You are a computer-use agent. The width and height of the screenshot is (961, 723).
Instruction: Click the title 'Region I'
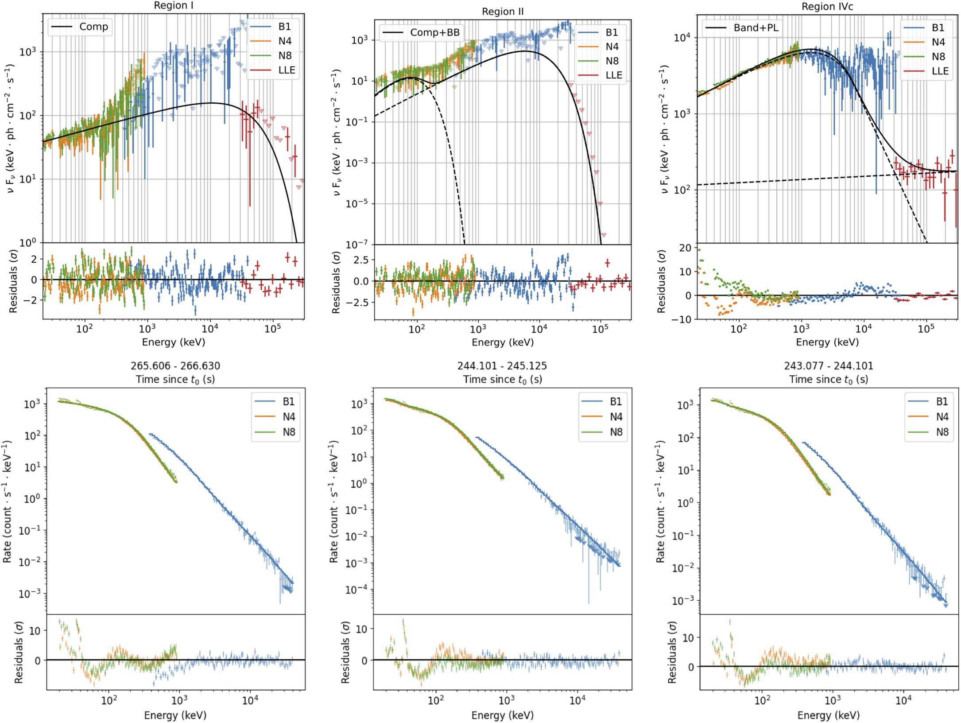(173, 5)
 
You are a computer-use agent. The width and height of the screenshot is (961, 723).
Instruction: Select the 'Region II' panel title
(503, 12)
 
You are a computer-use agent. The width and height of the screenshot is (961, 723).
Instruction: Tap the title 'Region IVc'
(827, 7)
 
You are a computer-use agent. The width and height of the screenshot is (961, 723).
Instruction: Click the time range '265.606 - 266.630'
(175, 366)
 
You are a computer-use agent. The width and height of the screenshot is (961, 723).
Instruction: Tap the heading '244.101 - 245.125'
(502, 366)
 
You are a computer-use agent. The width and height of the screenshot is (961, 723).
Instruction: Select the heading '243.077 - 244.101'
(829, 366)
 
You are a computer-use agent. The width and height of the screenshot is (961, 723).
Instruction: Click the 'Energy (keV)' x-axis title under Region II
(503, 342)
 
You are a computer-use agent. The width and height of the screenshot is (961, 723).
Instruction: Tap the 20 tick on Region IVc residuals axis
(685, 248)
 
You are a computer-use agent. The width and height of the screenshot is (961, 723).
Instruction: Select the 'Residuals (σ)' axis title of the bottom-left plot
(18, 652)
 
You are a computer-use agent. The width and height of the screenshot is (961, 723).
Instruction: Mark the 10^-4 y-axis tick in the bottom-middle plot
(357, 590)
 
